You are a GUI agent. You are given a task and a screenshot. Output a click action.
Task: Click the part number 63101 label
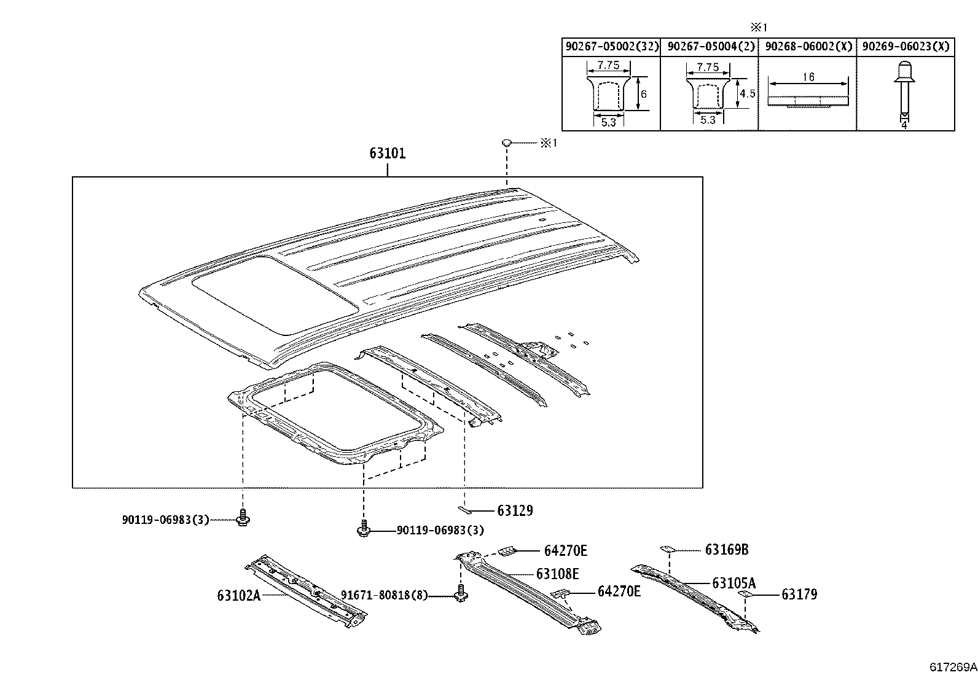pyautogui.click(x=387, y=154)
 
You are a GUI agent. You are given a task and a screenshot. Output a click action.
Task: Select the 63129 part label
pyautogui.click(x=515, y=510)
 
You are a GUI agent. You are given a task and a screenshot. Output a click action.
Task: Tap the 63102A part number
pyautogui.click(x=238, y=595)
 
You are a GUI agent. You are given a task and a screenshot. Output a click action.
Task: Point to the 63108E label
pyautogui.click(x=557, y=574)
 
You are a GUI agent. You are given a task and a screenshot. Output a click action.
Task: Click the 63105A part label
pyautogui.click(x=733, y=583)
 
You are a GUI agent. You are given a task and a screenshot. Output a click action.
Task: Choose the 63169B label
pyautogui.click(x=727, y=550)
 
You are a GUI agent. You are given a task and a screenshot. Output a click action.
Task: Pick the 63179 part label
pyautogui.click(x=799, y=594)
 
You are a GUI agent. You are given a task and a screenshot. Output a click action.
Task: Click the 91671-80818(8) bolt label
pyautogui.click(x=385, y=595)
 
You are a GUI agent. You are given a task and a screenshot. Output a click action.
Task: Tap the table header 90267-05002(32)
pyautogui.click(x=611, y=47)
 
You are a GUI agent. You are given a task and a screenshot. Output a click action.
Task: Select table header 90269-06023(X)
pyautogui.click(x=906, y=47)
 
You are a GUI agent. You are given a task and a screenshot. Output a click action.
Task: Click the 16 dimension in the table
pyautogui.click(x=808, y=77)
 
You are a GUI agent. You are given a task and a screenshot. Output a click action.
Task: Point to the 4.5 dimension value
pyautogui.click(x=747, y=93)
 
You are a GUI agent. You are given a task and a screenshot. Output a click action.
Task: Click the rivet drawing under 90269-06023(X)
pyautogui.click(x=904, y=89)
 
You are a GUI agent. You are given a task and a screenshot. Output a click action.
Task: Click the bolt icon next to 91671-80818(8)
pyautogui.click(x=460, y=595)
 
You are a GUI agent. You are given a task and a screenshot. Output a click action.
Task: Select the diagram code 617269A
pyautogui.click(x=952, y=666)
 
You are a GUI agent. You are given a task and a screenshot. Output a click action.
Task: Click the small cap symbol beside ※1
pyautogui.click(x=507, y=143)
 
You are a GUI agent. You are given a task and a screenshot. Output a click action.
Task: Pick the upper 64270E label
pyautogui.click(x=565, y=551)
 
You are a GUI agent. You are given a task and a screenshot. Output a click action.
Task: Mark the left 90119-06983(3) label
pyautogui.click(x=165, y=520)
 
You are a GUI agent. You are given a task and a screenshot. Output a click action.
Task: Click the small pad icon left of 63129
pyautogui.click(x=465, y=509)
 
